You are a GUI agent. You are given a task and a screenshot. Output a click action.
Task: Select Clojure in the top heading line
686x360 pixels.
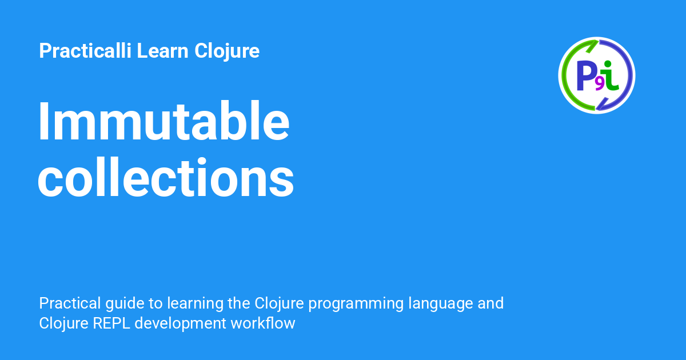227,51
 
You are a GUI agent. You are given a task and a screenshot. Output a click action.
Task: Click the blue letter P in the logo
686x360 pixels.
587,75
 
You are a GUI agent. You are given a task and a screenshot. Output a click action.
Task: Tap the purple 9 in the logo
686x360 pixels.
600,84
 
